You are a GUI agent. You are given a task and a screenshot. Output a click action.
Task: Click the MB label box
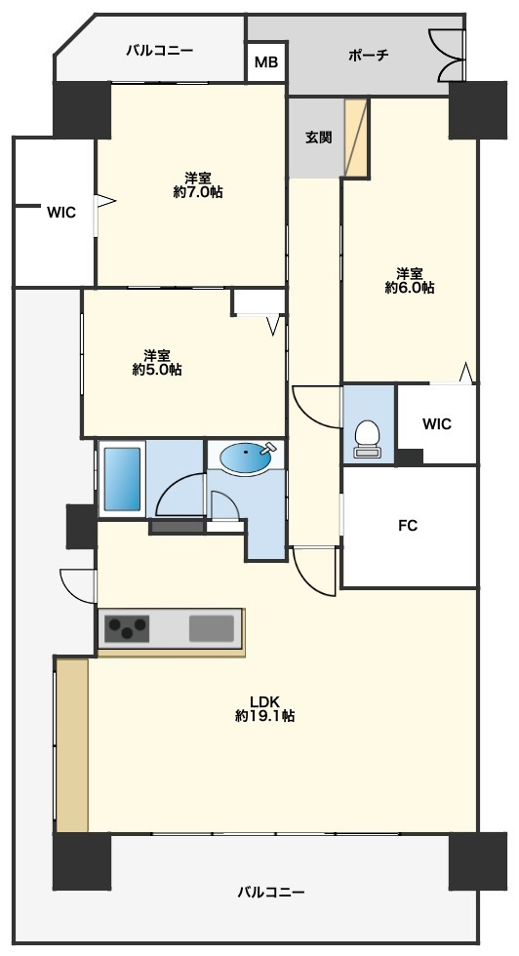tap(266, 61)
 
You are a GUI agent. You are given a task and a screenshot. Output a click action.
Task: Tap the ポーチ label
tap(369, 56)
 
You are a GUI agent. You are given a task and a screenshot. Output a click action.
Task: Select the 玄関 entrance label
tap(318, 138)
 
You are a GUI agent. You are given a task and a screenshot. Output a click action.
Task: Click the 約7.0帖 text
tap(198, 193)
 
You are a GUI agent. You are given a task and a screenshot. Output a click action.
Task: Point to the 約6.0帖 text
tap(409, 288)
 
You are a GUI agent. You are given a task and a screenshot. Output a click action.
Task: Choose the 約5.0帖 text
tap(157, 370)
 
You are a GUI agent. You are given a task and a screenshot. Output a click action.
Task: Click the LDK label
tap(264, 700)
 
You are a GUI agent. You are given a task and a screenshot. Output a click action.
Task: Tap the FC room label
tap(408, 525)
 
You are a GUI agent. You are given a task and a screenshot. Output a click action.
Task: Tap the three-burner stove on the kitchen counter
tap(127, 628)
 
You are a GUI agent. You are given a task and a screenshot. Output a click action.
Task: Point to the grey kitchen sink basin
tap(212, 628)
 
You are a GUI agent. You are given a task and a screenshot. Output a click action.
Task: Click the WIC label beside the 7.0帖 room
tap(61, 213)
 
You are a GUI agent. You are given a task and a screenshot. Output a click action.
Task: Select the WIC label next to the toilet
tap(437, 423)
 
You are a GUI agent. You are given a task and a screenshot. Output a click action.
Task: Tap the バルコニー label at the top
tap(160, 50)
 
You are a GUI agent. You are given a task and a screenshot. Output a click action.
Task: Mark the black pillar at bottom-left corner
tap(82, 860)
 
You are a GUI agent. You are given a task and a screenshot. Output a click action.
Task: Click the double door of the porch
tap(448, 55)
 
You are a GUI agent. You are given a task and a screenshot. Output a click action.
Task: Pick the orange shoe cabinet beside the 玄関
tap(356, 138)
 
